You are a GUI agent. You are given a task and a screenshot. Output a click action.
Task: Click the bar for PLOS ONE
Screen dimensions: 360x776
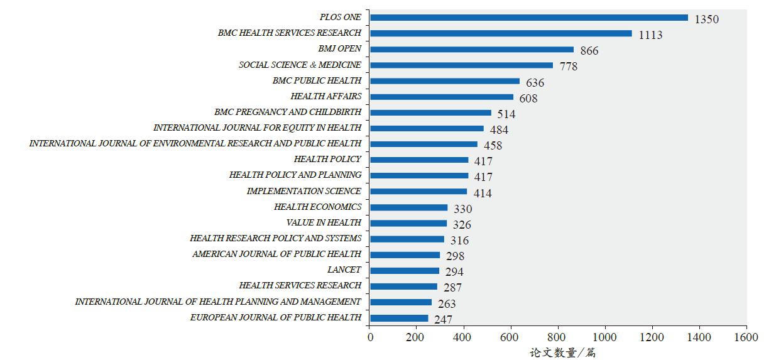528,18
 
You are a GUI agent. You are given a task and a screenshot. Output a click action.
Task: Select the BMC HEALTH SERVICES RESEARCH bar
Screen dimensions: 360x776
501,33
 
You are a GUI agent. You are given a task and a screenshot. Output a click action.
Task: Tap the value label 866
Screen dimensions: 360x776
589,51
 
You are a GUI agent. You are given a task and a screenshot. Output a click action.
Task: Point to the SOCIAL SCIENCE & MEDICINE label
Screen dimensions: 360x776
300,65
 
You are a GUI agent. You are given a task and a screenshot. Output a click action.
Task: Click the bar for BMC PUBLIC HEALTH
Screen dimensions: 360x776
445,81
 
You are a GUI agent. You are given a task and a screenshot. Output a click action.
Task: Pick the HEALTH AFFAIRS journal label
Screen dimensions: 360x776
325,97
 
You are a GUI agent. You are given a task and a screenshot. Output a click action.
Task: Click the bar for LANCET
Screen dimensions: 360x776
405,271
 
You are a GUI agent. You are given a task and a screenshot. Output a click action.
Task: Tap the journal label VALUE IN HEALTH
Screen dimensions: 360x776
324,223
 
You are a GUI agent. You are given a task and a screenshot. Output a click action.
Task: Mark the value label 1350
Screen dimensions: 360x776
706,19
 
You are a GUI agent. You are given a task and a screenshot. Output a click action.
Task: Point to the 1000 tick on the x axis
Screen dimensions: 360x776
605,337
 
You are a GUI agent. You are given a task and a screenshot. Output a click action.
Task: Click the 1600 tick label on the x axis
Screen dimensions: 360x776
746,337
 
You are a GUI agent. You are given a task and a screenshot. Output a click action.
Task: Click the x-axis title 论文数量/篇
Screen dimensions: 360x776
562,352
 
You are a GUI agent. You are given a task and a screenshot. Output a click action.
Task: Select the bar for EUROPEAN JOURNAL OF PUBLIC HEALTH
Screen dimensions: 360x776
399,318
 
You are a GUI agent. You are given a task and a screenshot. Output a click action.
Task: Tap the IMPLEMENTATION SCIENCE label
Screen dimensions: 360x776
303,192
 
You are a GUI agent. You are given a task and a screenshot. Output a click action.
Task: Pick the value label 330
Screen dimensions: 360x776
462,209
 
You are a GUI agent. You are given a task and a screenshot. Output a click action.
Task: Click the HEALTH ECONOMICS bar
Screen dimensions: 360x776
408,207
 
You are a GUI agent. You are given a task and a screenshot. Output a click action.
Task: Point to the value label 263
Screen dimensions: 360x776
447,304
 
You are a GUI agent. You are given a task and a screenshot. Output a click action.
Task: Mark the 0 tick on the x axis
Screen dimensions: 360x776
370,337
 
